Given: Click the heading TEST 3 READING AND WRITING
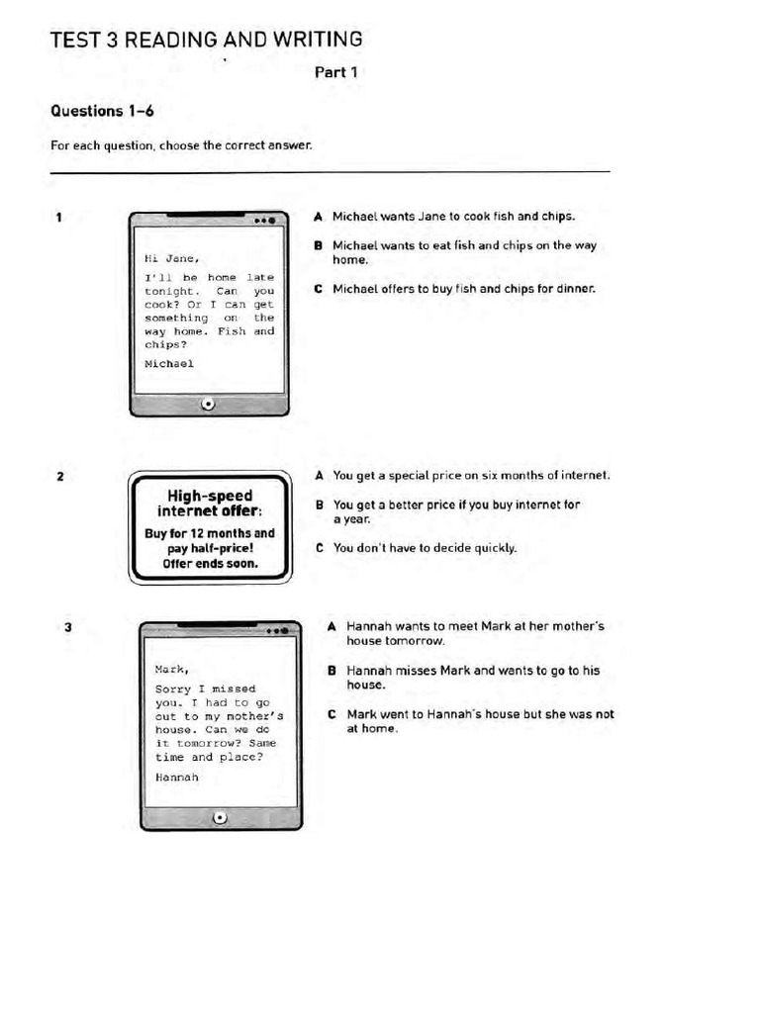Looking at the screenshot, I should click(206, 40).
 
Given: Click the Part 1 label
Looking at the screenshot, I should click(336, 72).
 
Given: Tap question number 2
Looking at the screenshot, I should click(60, 477).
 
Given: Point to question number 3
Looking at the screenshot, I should click(67, 626).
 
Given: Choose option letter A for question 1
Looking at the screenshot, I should click(318, 216).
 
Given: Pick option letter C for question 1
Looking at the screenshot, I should click(318, 289).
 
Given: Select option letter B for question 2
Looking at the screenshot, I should click(319, 505).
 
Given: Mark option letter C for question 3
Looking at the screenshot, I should click(332, 714).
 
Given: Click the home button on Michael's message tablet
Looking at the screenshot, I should click(208, 404).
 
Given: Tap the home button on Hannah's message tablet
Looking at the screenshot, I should click(220, 817).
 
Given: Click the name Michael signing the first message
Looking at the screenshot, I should click(169, 363).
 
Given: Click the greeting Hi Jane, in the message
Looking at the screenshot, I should click(165, 259).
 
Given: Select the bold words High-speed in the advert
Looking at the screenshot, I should click(209, 496).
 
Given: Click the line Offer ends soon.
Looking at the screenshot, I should click(210, 563).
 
